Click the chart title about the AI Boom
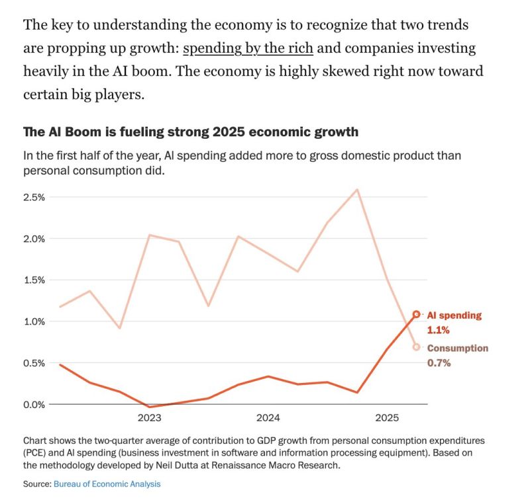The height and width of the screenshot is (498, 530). coord(191,132)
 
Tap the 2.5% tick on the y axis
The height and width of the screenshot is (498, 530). coord(34,197)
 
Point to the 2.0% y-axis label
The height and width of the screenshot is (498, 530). coord(34,239)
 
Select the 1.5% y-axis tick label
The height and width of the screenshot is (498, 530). coord(34,280)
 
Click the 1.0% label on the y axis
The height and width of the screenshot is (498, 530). coord(34,321)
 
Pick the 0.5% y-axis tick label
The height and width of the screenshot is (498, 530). coord(34,363)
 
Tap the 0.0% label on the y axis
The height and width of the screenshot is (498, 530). coord(34,404)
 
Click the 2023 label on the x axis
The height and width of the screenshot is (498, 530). coord(149,418)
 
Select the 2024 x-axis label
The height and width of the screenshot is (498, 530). coord(268,418)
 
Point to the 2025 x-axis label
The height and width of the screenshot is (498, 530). coord(387,418)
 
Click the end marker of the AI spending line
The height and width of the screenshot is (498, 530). coord(416,315)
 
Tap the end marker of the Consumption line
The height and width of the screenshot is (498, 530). coord(416,347)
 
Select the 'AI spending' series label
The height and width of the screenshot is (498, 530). coord(454,315)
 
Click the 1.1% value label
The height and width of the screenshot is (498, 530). coord(438,329)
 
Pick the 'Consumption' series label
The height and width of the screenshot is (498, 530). coord(457,349)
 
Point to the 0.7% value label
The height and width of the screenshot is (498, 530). coord(439,362)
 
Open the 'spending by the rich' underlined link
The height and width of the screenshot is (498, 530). coord(248,48)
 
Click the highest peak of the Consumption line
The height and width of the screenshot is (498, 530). coord(358,190)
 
